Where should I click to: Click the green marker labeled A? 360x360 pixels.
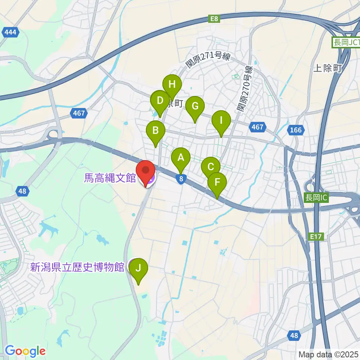[x=181, y=158]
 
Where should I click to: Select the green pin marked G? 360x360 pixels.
[x=195, y=106]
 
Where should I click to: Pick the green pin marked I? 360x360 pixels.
[x=221, y=121]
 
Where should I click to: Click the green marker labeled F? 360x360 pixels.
[x=217, y=182]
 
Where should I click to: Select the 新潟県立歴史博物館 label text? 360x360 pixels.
[x=77, y=267]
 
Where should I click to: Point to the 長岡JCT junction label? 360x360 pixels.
[x=345, y=43]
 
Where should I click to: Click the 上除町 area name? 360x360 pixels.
[x=327, y=68]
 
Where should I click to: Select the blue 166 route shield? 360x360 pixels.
[x=295, y=130]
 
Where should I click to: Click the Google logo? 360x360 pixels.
[x=25, y=351]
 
